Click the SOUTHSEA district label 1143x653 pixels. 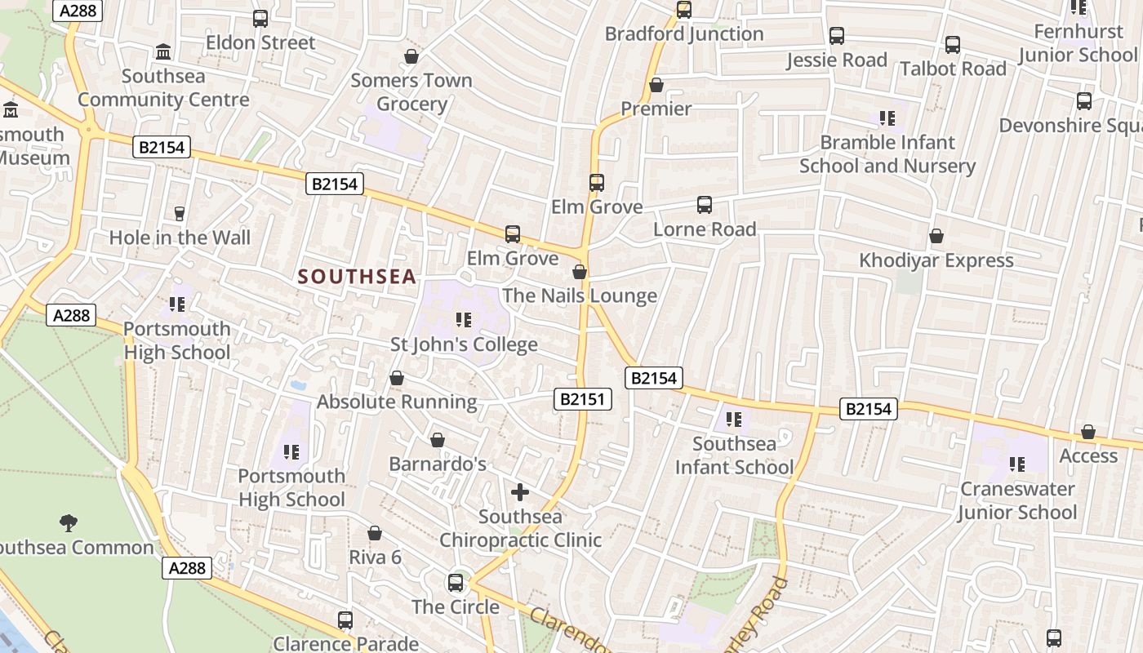point(358,277)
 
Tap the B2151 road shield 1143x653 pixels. point(583,399)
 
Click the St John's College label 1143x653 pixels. point(464,344)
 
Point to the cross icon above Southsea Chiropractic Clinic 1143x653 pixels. point(520,492)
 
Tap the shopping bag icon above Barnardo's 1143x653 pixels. point(438,441)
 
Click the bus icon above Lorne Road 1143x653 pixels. point(705,205)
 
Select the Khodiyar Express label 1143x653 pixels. point(936,260)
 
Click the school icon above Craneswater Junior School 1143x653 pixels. point(1017,464)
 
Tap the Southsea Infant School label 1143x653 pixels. point(734,455)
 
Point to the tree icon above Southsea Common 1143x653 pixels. point(69,522)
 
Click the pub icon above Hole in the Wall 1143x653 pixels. point(180,214)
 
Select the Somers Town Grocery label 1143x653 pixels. point(411,92)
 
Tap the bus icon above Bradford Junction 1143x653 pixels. point(684,10)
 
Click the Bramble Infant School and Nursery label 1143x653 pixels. point(887,153)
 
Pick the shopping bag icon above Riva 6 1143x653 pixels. point(375,533)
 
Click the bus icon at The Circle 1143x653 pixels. point(456,583)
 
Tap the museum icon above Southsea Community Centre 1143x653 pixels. point(163,52)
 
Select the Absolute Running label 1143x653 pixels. point(397,402)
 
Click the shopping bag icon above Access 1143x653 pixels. point(1088,432)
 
